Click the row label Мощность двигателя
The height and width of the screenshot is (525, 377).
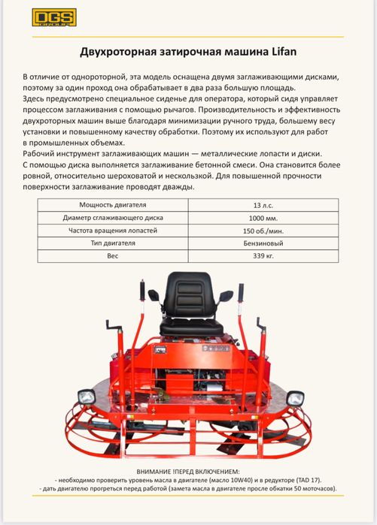(x=113, y=205)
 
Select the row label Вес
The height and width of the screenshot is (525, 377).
(x=113, y=256)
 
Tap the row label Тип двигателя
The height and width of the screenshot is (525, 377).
(x=113, y=243)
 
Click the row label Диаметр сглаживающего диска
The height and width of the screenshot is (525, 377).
(x=113, y=218)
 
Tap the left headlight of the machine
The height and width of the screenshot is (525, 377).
(x=87, y=396)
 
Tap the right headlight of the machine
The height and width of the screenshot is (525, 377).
(x=295, y=397)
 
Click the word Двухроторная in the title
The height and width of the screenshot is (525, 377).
(x=120, y=52)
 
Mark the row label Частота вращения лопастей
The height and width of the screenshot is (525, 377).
(x=113, y=231)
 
